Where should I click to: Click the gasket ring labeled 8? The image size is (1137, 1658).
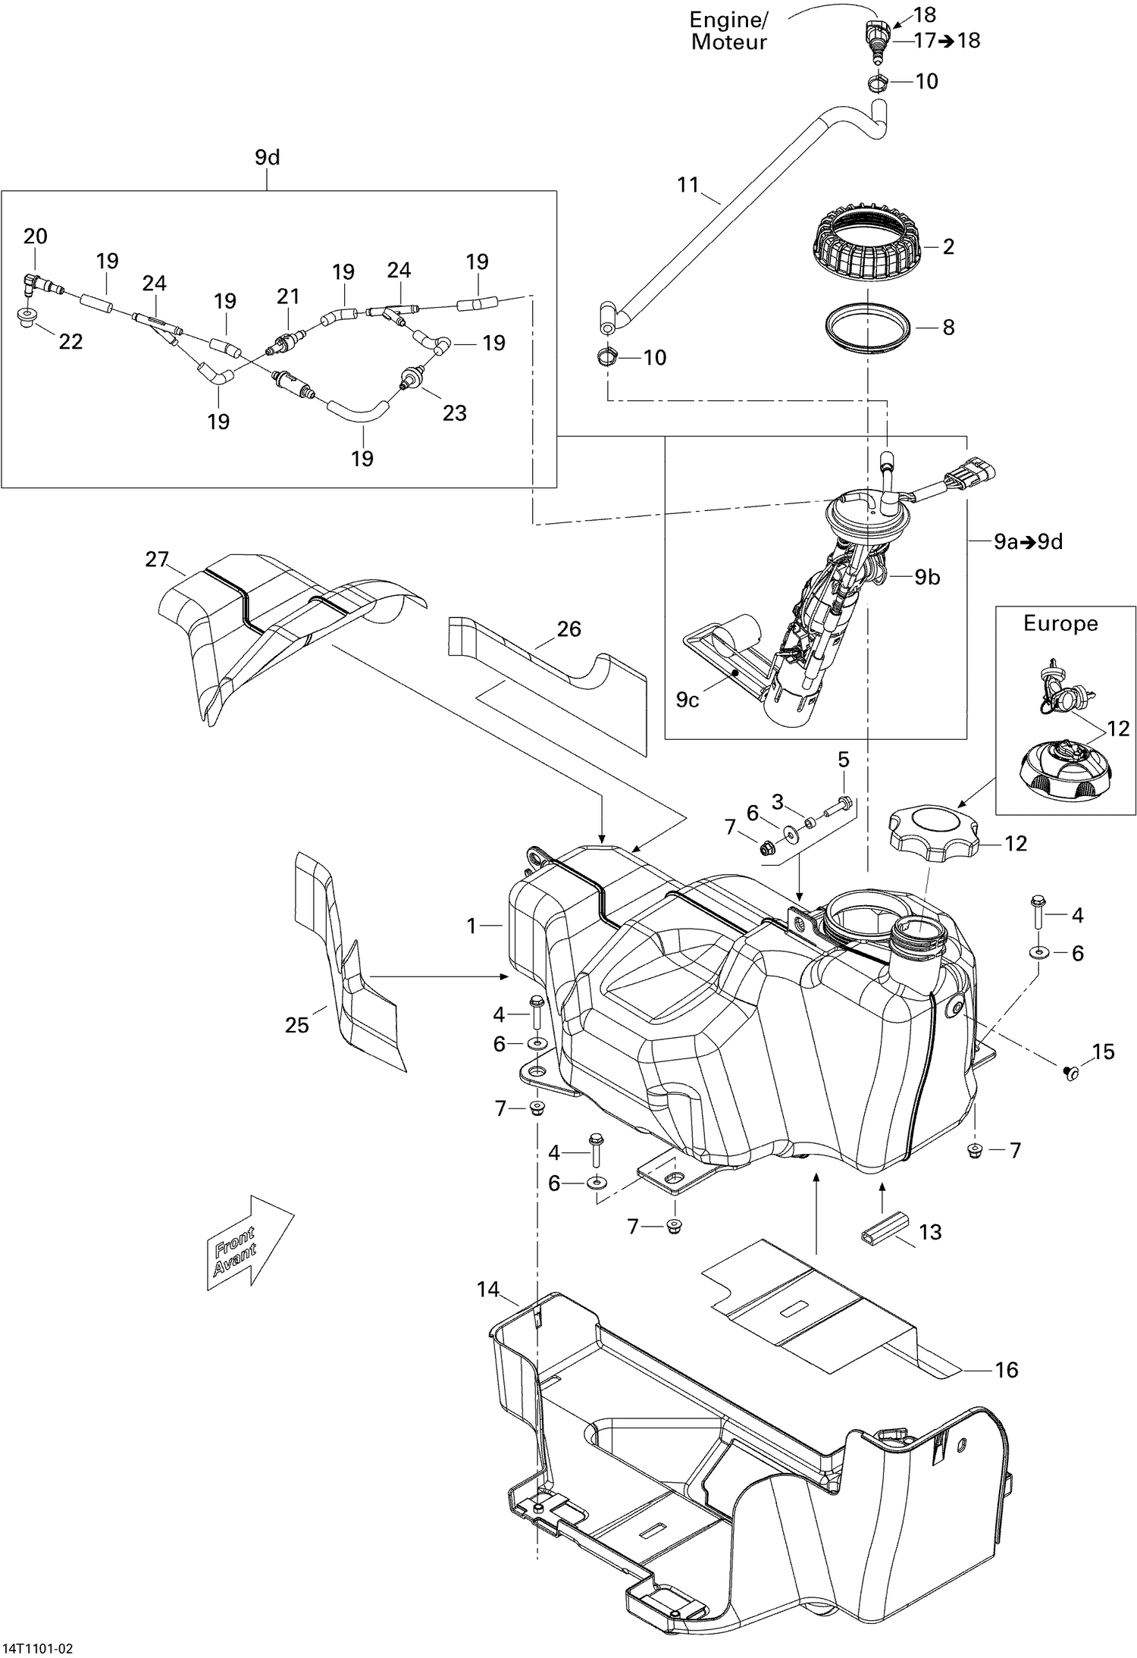(x=867, y=328)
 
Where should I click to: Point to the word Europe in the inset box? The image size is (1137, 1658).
(x=1060, y=624)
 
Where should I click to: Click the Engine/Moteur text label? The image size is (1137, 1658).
(x=728, y=30)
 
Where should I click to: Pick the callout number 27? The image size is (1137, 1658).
(x=157, y=559)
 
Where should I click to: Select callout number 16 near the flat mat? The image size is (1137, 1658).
(x=1006, y=1370)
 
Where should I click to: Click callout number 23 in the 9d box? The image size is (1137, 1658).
(x=454, y=413)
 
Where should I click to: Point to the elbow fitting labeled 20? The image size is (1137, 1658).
(x=30, y=284)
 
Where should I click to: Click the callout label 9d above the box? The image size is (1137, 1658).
(x=267, y=158)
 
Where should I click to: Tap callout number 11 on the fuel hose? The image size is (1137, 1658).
(x=688, y=184)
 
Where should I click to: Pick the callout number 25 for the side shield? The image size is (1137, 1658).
(x=297, y=1026)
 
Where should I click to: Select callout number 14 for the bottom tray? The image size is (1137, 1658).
(x=489, y=1289)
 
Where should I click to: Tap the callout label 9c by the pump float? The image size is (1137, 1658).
(x=687, y=700)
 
